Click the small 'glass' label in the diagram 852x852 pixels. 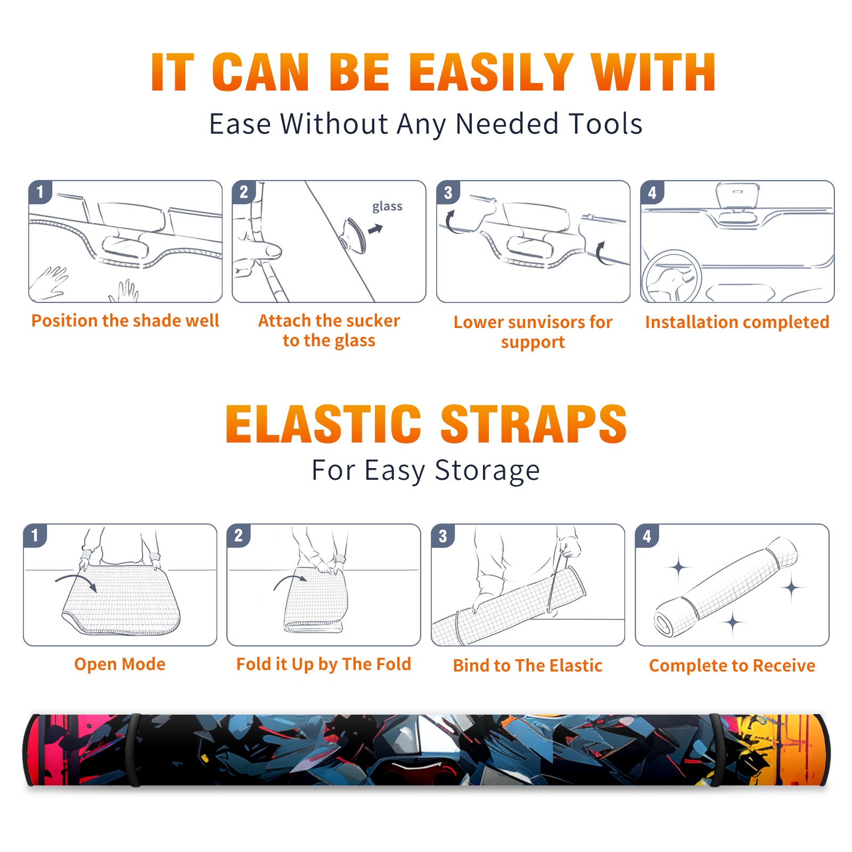(387, 207)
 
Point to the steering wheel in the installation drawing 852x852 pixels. (671, 276)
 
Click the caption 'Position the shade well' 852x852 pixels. (125, 321)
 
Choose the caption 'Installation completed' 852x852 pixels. (737, 322)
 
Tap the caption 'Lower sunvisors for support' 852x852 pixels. (533, 332)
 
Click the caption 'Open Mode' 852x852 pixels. (120, 664)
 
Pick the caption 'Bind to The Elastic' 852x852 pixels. (528, 666)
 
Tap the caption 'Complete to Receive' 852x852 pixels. (732, 666)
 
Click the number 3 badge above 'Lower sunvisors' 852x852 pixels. (448, 192)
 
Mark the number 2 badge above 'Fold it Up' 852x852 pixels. (239, 535)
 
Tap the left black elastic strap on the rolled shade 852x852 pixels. (134, 750)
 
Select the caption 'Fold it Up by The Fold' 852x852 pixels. (324, 664)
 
